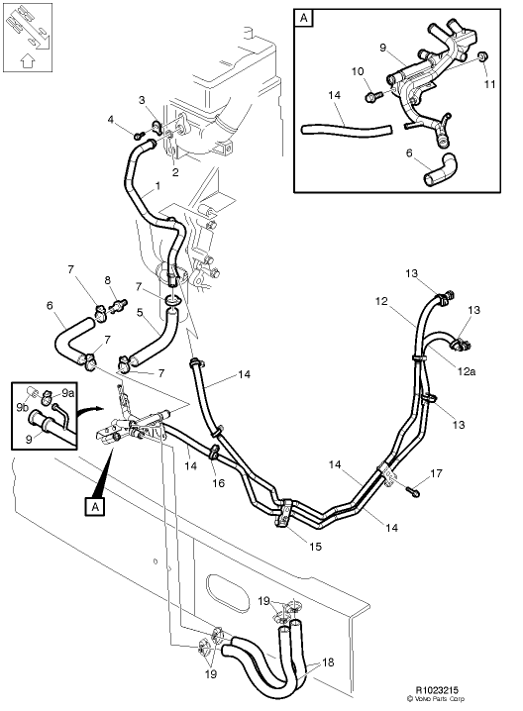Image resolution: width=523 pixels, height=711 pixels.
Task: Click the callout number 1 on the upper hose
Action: pos(157,186)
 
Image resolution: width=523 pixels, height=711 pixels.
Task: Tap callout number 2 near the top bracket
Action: pos(175,172)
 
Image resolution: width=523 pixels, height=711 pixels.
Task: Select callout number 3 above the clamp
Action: pos(142,100)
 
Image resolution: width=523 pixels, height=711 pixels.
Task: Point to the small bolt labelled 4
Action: pos(139,134)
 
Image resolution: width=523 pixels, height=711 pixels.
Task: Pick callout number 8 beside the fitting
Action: pos(108,281)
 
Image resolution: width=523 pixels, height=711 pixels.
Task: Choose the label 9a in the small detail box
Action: pos(66,393)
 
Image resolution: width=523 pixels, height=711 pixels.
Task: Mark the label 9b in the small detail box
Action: pos(23,406)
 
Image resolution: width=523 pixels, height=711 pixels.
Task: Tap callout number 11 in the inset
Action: pos(488,85)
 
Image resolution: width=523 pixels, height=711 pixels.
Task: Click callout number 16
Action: pos(219,483)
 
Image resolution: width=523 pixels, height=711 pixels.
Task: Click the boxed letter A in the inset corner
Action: pos(302,18)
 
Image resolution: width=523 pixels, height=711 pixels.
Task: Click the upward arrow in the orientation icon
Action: pos(28,59)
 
